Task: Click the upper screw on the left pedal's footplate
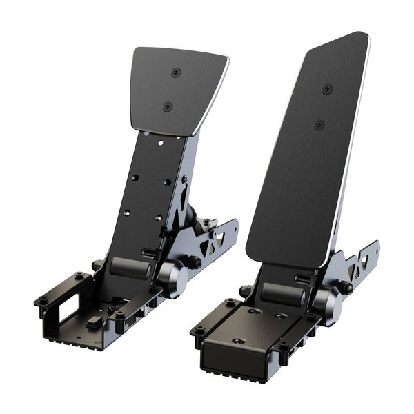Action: [x=176, y=71]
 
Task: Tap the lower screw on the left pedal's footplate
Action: [x=167, y=106]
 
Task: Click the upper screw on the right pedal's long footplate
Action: [x=326, y=90]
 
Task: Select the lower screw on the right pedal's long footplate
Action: [x=318, y=125]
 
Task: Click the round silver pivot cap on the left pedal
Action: [x=172, y=277]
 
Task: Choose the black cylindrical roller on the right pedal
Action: [x=282, y=293]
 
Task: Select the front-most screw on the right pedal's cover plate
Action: [x=238, y=342]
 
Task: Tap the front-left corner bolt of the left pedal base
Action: [x=41, y=302]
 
